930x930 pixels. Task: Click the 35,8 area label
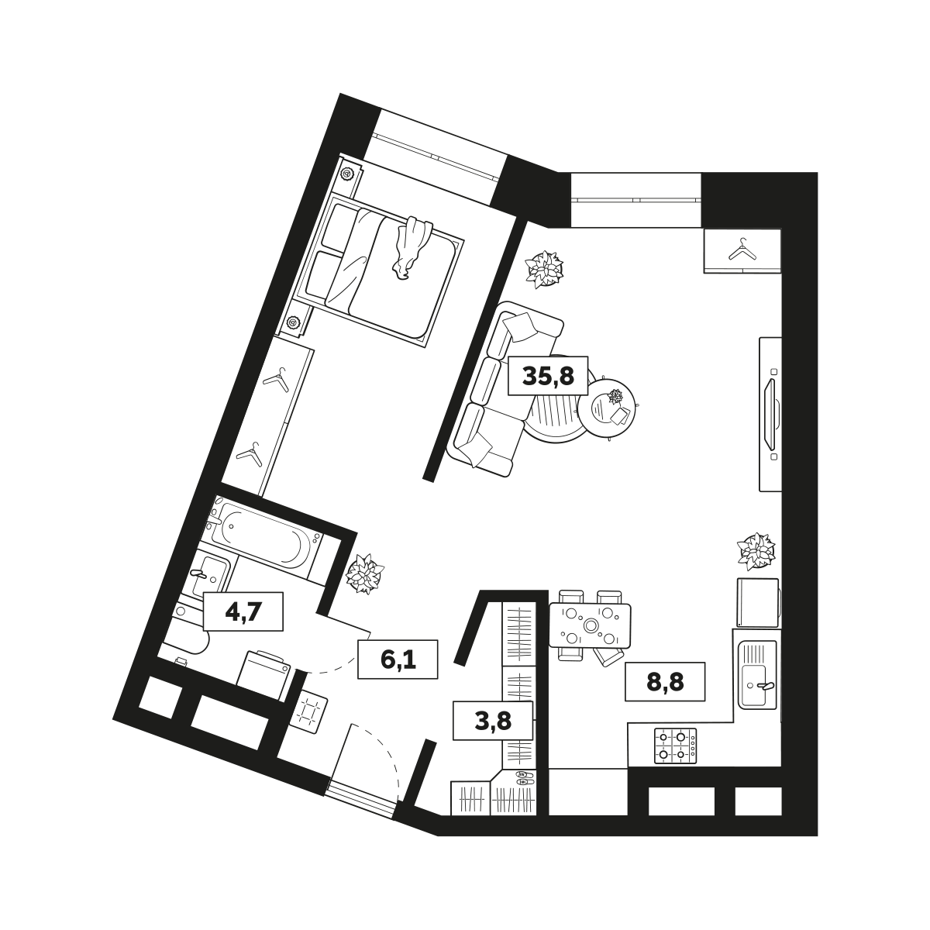(x=548, y=376)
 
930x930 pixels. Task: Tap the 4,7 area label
(x=243, y=611)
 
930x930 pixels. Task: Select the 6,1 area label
(x=398, y=660)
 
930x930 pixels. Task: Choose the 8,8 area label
(x=665, y=682)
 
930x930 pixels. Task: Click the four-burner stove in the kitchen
(x=675, y=746)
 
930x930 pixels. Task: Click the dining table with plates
(x=590, y=626)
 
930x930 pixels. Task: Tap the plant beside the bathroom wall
(x=365, y=573)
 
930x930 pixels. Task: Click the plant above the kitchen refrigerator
(x=756, y=552)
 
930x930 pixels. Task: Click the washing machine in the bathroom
(x=264, y=675)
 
